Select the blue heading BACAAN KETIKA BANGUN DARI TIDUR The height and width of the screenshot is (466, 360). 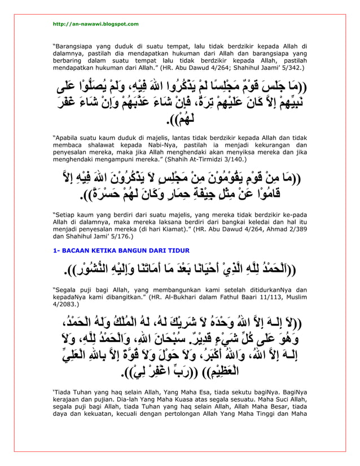point(121,250)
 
